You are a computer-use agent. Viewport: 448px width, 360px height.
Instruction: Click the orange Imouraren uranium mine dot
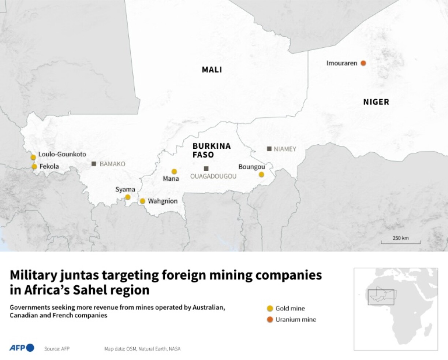click(363, 63)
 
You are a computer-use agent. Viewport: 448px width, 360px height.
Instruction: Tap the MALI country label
click(212, 70)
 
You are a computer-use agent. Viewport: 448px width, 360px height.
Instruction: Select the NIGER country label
click(376, 102)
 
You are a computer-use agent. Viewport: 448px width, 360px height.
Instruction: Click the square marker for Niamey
click(269, 149)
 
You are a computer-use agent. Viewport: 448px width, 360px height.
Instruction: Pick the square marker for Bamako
click(94, 164)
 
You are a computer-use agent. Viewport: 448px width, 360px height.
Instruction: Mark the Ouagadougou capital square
click(206, 168)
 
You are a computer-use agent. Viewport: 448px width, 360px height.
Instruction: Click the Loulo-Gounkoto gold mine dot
click(33, 157)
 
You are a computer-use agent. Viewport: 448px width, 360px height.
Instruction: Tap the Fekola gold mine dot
click(34, 167)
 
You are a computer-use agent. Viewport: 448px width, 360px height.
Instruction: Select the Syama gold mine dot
click(128, 197)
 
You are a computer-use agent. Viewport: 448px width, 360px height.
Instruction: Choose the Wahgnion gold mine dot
click(142, 201)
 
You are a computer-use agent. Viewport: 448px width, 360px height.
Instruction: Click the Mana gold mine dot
click(174, 171)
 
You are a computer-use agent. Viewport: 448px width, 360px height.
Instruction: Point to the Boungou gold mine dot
click(261, 175)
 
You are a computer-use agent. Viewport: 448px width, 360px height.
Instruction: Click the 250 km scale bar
click(401, 242)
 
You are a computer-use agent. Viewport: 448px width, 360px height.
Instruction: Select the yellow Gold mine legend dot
click(270, 308)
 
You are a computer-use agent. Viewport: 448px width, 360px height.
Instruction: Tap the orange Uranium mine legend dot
click(270, 319)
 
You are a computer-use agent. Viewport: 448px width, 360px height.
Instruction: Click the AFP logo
click(22, 348)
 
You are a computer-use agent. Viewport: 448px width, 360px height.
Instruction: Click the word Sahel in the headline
click(90, 290)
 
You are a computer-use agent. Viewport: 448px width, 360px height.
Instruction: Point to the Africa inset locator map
click(395, 309)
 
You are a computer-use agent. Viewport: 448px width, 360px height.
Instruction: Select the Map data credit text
click(142, 349)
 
